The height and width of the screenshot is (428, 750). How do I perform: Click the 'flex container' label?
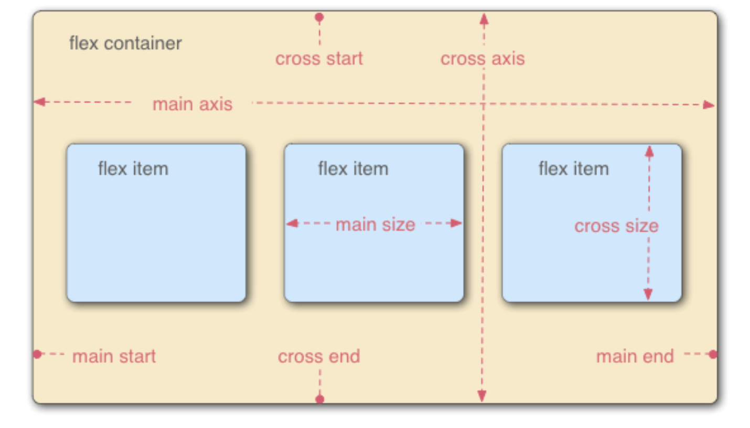click(125, 43)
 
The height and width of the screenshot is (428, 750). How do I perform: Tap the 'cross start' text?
click(319, 58)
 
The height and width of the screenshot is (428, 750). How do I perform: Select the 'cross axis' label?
click(483, 58)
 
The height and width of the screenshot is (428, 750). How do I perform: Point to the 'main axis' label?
click(192, 104)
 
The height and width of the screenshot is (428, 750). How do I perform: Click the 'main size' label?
click(375, 224)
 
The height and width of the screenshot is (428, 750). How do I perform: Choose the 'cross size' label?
click(616, 226)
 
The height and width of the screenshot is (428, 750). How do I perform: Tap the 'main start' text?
click(114, 356)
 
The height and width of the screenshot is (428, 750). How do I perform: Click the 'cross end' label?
click(319, 356)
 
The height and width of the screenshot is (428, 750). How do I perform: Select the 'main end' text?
click(635, 356)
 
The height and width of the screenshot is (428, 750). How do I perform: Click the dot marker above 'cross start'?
click(319, 17)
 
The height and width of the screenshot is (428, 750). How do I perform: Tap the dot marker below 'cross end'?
click(319, 399)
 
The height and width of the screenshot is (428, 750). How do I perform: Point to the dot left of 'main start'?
click(37, 354)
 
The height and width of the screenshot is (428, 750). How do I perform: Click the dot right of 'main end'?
click(713, 354)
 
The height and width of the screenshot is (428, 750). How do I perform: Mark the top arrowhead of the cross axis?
click(484, 19)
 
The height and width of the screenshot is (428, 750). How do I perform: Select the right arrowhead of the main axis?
click(709, 105)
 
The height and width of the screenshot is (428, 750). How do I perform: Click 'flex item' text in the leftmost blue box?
click(133, 169)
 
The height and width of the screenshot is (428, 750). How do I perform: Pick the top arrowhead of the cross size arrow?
click(649, 151)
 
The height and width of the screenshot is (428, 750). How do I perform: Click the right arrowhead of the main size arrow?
click(456, 223)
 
